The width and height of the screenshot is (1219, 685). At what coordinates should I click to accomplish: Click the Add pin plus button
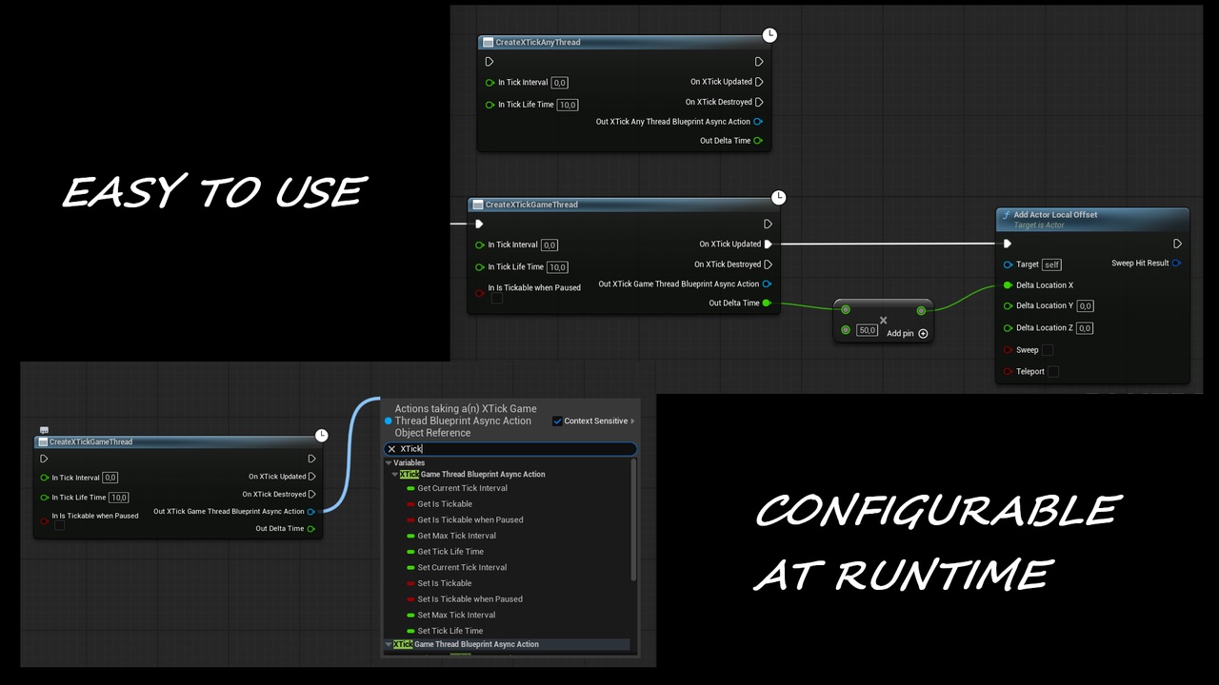[923, 333]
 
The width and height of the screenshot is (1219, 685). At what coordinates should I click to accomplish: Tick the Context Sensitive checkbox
[557, 421]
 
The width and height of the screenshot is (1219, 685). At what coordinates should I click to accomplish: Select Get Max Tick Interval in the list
[456, 536]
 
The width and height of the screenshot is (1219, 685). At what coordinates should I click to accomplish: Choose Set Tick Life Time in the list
[450, 631]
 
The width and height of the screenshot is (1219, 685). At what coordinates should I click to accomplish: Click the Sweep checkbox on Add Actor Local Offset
[1048, 350]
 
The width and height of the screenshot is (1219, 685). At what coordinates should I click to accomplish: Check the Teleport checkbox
[1053, 372]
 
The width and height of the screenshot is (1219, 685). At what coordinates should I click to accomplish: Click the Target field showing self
[1052, 264]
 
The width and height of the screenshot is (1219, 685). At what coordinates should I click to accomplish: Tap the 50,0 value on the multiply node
[867, 330]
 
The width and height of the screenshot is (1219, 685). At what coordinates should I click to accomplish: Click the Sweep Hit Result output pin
[1176, 264]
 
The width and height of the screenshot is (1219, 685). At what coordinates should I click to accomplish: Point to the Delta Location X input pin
[1008, 285]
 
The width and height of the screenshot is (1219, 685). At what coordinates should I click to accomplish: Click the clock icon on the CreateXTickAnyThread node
[769, 35]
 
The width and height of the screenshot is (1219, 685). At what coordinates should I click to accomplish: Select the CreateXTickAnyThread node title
[538, 43]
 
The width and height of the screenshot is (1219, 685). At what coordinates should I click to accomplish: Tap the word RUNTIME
[943, 575]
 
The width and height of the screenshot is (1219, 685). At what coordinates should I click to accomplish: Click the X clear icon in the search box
[391, 449]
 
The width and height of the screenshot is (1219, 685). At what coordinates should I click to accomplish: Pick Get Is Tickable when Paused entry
[470, 519]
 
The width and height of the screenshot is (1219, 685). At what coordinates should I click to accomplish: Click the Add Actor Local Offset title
[1055, 215]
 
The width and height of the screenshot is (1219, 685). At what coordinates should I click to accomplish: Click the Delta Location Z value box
[1085, 328]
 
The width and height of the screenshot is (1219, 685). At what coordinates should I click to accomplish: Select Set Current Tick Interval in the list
[462, 567]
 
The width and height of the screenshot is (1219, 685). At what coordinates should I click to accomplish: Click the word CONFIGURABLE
[938, 510]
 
